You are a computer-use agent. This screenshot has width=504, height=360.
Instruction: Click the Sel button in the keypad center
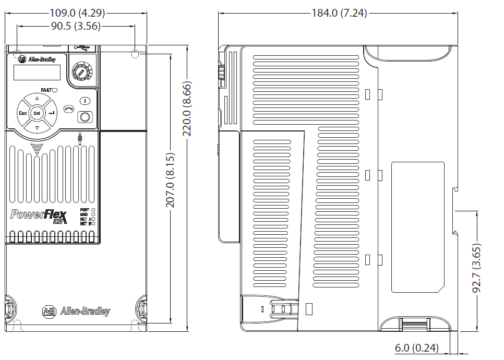coord(37,113)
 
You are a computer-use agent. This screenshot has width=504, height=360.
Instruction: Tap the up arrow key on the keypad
coord(37,99)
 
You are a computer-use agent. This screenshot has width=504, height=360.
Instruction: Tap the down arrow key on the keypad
coord(37,127)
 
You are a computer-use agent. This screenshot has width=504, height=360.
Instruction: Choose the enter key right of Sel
coord(51,113)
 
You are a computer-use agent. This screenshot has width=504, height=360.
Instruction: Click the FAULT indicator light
coord(55,90)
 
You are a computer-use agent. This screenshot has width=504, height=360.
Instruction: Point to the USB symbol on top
coord(82,48)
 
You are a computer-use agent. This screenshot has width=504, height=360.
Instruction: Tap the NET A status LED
coord(93,219)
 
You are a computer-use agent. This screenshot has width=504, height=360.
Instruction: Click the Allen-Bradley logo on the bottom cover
coord(76,311)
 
